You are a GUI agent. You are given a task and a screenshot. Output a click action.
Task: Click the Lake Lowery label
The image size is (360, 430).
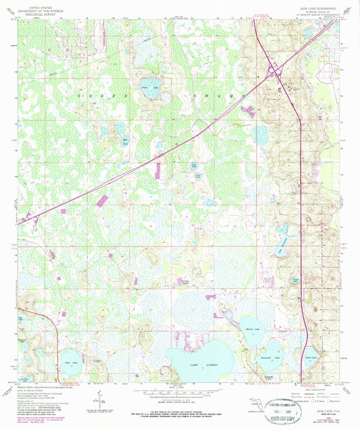coord(192,364)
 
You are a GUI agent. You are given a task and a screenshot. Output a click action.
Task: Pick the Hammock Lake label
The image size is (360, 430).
coord(268,355)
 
